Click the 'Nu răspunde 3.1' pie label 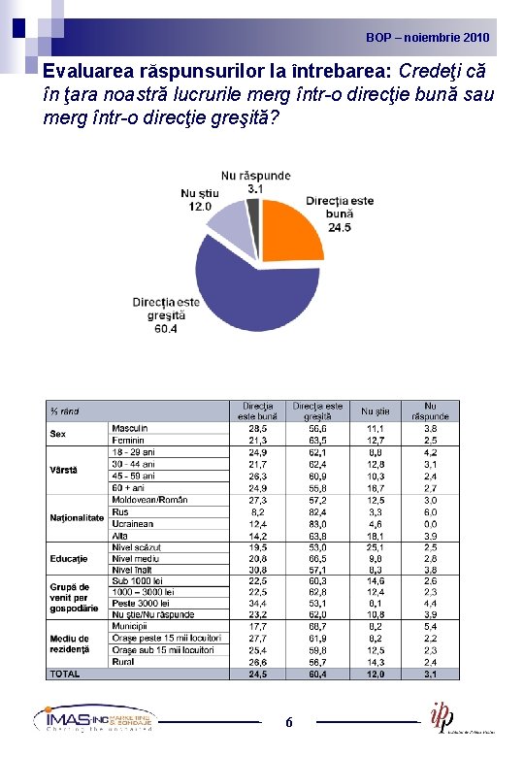255,181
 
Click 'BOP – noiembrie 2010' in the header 428,38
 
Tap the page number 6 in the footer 289,723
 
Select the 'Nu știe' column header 375,411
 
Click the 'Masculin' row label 130,428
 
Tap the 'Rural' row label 123,662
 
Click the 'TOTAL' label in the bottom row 65,674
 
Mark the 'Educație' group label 69,558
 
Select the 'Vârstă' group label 65,470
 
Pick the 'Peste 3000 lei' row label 144,603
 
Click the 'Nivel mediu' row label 136,558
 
